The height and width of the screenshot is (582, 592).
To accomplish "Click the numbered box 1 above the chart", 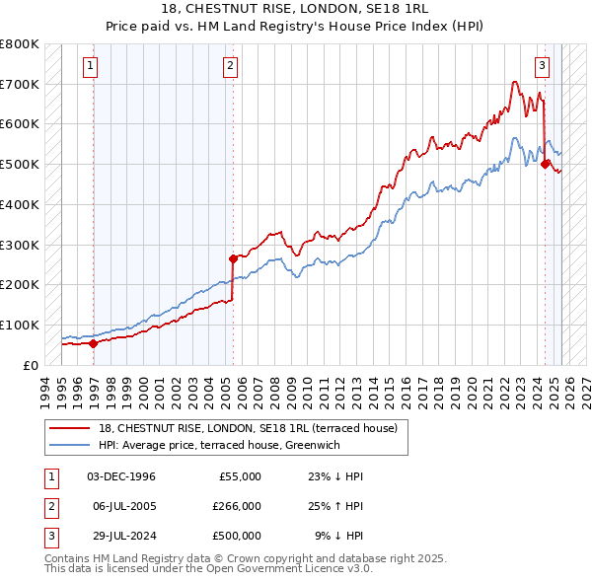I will pyautogui.click(x=90, y=66).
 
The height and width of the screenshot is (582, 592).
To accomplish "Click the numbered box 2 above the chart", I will pyautogui.click(x=230, y=66).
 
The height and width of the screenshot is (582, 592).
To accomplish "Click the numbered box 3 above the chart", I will pyautogui.click(x=542, y=66).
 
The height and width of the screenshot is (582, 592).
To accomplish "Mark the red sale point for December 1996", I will pyautogui.click(x=93, y=343).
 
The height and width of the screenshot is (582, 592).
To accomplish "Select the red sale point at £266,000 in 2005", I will pyautogui.click(x=234, y=258).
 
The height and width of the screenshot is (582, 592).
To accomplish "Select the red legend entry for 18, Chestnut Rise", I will pyautogui.click(x=247, y=428).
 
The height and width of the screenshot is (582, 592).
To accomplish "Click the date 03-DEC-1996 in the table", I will pyautogui.click(x=121, y=476).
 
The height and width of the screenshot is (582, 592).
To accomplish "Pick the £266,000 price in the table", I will pyautogui.click(x=237, y=506).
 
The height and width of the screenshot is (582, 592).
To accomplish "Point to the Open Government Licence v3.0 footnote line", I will pyautogui.click(x=208, y=569).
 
